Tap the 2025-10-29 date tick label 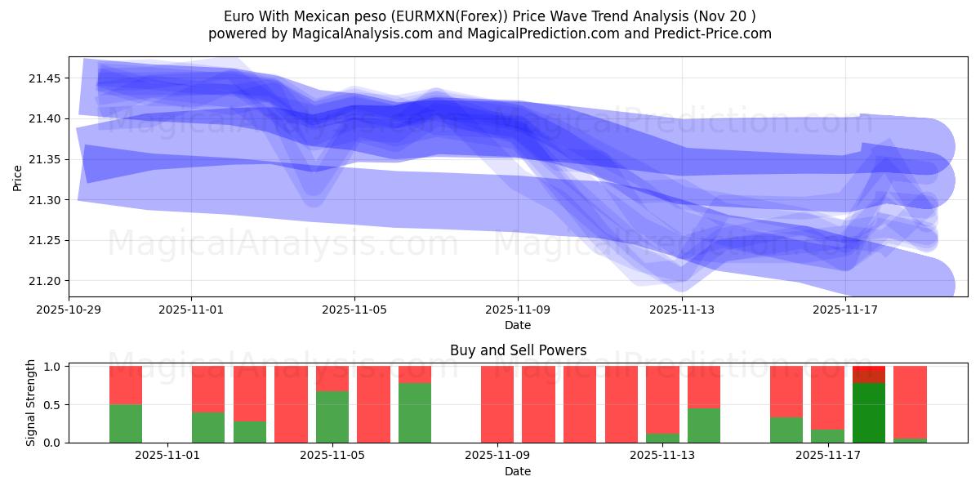[69, 310]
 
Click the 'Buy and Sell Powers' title [518, 350]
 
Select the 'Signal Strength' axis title [30, 403]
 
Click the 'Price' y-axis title [17, 177]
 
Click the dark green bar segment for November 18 [868, 413]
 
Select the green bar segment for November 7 [415, 412]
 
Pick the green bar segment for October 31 [126, 423]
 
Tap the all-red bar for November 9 [497, 404]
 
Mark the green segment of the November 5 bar [332, 416]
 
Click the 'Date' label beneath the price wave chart [518, 325]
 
